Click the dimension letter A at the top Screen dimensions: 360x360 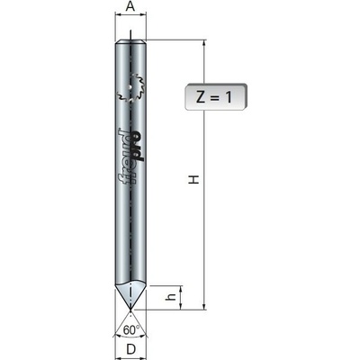130,6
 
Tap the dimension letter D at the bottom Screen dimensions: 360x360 130,349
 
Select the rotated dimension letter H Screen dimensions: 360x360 194,179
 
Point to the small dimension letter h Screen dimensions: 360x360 171,297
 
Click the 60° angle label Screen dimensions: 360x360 131,330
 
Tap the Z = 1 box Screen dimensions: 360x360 216,97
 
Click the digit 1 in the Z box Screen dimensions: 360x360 229,97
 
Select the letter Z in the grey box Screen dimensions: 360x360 200,97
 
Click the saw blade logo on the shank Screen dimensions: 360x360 130,89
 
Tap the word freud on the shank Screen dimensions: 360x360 124,157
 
